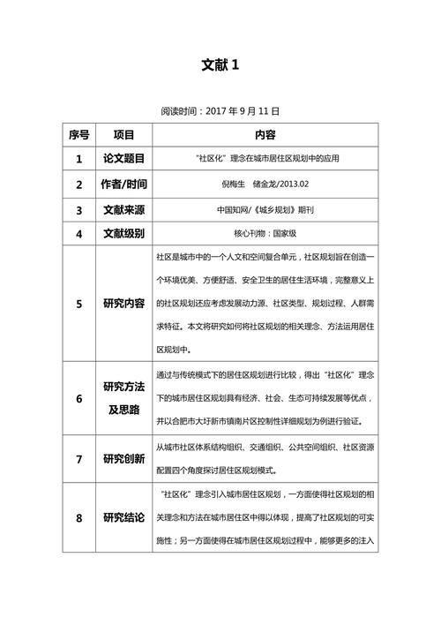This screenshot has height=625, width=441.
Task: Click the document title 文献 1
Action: click(x=220, y=64)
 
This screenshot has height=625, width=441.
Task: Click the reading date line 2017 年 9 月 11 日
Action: click(x=220, y=112)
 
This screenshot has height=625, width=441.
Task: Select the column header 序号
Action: click(x=78, y=135)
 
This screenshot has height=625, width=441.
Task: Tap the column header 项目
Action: click(x=124, y=135)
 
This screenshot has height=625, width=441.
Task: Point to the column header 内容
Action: click(x=265, y=135)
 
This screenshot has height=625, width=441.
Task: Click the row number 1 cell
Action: click(x=78, y=159)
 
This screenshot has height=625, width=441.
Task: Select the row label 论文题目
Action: click(x=124, y=159)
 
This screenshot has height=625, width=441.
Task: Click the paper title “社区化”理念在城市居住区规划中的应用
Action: click(x=265, y=159)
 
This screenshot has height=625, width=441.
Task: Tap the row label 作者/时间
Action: click(x=124, y=184)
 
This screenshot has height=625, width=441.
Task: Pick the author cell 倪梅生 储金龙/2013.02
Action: click(x=265, y=184)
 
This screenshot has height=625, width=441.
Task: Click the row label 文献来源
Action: click(x=124, y=210)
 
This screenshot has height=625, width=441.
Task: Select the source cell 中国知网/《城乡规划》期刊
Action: click(x=265, y=210)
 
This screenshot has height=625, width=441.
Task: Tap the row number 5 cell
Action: click(x=78, y=304)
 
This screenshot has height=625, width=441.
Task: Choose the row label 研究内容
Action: click(x=124, y=304)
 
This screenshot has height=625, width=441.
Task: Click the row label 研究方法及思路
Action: click(x=124, y=398)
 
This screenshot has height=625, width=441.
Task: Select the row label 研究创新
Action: click(x=124, y=459)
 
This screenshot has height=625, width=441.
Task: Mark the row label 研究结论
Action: click(x=124, y=517)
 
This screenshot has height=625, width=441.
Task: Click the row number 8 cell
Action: click(x=78, y=517)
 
